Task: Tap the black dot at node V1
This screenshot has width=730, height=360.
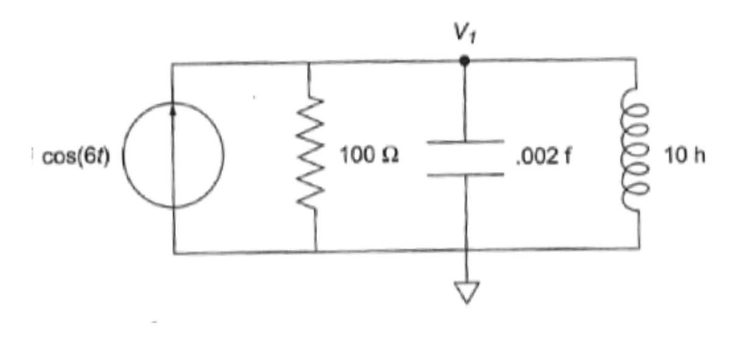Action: point(465,61)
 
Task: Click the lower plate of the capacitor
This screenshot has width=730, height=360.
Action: point(465,175)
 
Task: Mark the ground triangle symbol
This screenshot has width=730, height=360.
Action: point(466,292)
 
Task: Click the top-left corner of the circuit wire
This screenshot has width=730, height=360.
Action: point(173,64)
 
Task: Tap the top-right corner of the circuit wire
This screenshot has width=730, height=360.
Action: point(636,60)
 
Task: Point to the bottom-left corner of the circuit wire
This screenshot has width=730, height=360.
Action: point(174,252)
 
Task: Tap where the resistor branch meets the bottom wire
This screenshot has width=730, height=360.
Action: point(315,251)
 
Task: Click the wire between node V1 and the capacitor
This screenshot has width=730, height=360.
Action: point(465,100)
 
